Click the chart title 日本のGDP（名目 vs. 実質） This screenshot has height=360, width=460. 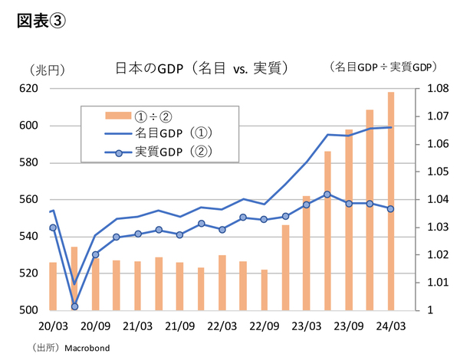(x=201, y=68)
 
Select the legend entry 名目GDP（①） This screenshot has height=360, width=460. (x=173, y=133)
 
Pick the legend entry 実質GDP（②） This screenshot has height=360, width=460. (x=173, y=152)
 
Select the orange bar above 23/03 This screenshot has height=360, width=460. (x=306, y=253)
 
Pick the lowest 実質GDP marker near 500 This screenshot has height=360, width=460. (x=74, y=306)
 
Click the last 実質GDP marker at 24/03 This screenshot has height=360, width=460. (x=390, y=209)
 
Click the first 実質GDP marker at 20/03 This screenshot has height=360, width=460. (x=53, y=227)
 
